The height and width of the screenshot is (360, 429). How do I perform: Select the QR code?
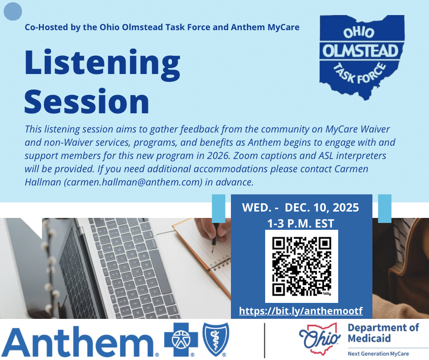301,266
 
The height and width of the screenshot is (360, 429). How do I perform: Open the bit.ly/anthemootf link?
301,311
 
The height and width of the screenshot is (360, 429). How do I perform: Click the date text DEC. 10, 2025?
322,207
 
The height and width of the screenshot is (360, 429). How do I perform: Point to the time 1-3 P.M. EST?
301,224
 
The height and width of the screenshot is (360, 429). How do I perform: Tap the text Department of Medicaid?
383,333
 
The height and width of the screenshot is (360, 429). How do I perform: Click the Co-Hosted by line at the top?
162,27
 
